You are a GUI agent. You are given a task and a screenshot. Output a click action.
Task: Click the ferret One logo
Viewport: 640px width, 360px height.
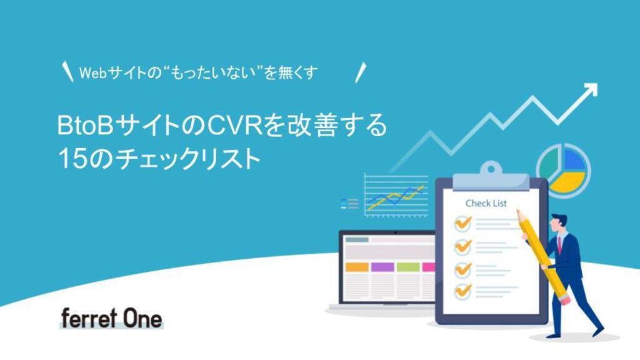(111, 318)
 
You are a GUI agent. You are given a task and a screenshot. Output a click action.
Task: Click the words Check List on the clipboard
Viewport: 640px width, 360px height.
(486, 203)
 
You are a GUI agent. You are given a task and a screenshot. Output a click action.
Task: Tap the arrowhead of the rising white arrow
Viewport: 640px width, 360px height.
(590, 91)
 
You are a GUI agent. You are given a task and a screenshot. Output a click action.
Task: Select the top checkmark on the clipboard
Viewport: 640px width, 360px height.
(463, 223)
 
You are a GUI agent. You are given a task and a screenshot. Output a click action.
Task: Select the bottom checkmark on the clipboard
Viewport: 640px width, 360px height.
(463, 291)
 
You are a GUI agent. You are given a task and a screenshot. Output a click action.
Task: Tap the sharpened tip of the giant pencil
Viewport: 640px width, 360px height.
(518, 211)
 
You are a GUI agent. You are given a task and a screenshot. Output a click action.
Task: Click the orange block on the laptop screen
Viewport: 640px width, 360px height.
(357, 267)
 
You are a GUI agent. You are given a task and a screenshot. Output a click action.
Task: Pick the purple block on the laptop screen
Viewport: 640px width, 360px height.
(382, 267)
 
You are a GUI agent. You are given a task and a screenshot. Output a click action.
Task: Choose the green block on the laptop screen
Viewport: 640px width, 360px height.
(408, 267)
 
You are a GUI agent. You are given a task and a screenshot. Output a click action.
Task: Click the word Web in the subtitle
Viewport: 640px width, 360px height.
(93, 73)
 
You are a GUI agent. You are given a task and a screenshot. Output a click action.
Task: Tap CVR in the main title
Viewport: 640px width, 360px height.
(235, 125)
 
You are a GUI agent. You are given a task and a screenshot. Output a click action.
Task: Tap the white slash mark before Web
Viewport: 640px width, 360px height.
(67, 72)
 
